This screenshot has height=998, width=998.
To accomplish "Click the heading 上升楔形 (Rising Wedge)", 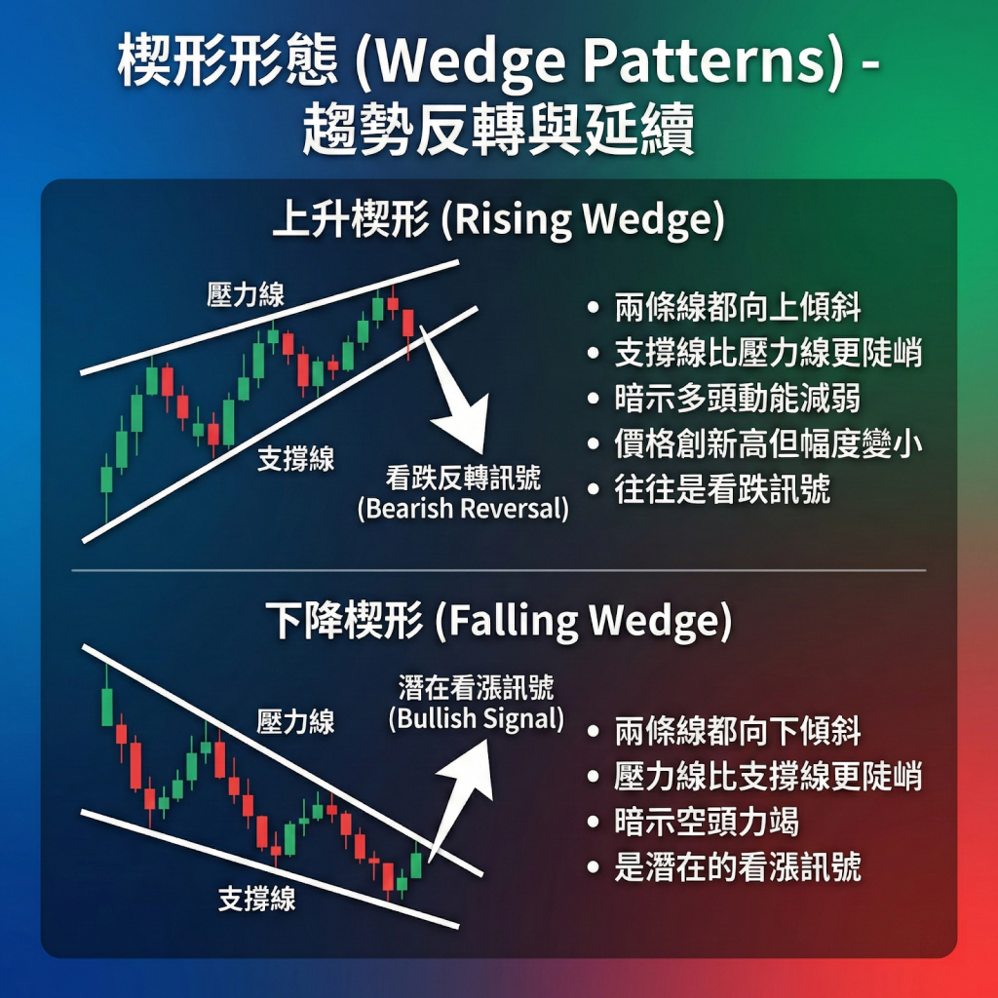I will [x=498, y=221].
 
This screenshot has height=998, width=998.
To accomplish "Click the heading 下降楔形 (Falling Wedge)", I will [x=498, y=622].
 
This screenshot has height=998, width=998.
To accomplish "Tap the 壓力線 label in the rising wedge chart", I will [x=246, y=295].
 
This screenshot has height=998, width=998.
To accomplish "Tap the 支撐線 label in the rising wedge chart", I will [x=295, y=459].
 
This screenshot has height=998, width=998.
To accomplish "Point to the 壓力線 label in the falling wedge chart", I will [x=295, y=721].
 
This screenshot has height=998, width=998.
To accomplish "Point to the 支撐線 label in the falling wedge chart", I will [x=256, y=899].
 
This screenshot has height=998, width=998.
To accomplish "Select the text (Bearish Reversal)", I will [x=463, y=509].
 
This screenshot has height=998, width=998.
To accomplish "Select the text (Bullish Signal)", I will [x=476, y=719].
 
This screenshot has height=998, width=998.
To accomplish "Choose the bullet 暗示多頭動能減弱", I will [x=738, y=400].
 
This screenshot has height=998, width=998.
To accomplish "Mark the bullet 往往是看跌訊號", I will [x=722, y=489].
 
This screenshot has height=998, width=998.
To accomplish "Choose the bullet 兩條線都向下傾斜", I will [x=738, y=732].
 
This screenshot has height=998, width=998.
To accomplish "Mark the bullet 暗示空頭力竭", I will [x=707, y=822].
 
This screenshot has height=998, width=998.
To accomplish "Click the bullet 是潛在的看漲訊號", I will [x=738, y=867].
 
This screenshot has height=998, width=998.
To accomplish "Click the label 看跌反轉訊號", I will [x=463, y=479].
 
